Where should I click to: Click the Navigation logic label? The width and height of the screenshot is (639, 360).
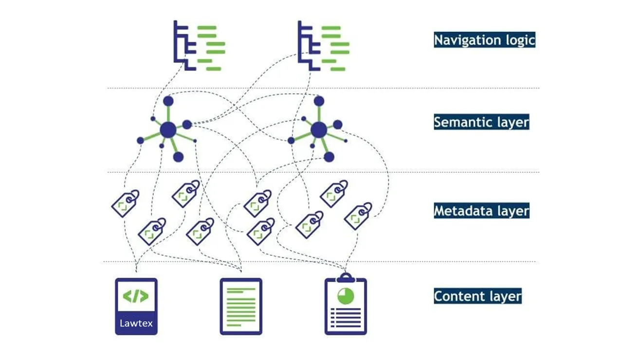click(x=484, y=40)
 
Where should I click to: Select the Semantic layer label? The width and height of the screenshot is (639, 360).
click(x=481, y=122)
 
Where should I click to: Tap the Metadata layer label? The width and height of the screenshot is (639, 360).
click(x=481, y=211)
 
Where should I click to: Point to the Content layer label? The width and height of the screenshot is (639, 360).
click(x=478, y=296)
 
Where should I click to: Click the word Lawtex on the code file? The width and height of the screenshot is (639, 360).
click(x=136, y=323)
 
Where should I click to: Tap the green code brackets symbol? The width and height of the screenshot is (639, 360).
click(x=136, y=296)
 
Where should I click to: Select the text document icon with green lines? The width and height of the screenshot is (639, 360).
click(x=241, y=306)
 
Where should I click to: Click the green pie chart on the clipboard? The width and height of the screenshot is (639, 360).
click(x=346, y=296)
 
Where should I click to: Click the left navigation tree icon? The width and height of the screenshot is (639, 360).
click(x=200, y=46)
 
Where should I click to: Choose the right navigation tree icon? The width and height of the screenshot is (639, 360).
click(x=324, y=46)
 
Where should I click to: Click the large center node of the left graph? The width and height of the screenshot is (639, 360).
click(x=168, y=130)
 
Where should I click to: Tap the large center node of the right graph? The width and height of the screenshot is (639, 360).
click(x=319, y=130)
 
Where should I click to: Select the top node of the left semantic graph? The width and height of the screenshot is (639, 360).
click(x=168, y=101)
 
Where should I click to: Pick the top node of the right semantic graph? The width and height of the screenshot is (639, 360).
click(x=319, y=101)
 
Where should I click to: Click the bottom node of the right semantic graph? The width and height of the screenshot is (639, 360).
click(x=329, y=157)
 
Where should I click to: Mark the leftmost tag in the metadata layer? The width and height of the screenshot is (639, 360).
click(x=125, y=203)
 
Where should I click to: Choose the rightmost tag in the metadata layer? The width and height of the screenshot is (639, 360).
click(x=358, y=216)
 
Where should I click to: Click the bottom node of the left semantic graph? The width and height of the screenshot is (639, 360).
click(x=178, y=157)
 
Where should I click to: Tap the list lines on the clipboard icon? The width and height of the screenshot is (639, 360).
click(x=346, y=318)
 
